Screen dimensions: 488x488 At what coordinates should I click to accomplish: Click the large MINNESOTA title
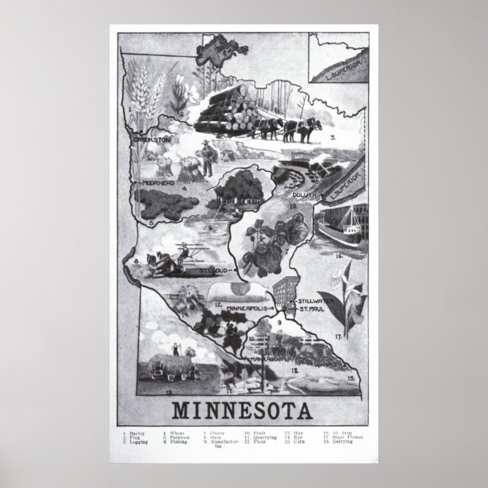click(242, 411)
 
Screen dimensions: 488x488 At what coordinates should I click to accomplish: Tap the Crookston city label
click(152, 140)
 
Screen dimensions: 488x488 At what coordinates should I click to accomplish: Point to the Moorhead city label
click(155, 183)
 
